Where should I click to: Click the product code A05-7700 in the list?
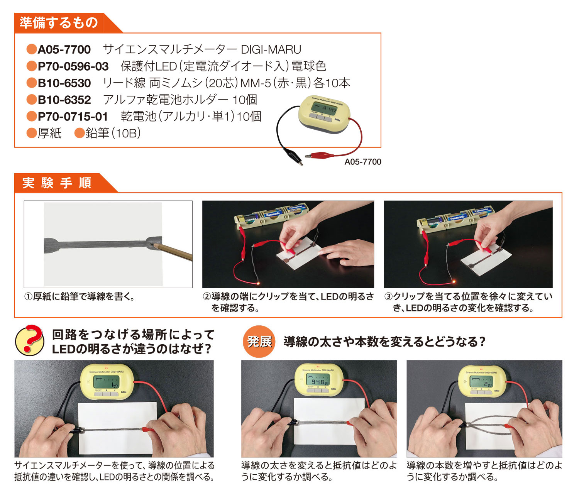pyautogui.click(x=64, y=49)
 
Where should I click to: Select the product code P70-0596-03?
pyautogui.click(x=73, y=66)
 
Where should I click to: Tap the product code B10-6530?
pyautogui.click(x=64, y=83)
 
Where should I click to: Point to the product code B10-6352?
pyautogui.click(x=64, y=100)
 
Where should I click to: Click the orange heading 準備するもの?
pyautogui.click(x=59, y=23)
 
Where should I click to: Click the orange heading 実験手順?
pyautogui.click(x=57, y=183)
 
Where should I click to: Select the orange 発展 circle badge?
pyautogui.click(x=259, y=342)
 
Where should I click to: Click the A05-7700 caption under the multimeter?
pyautogui.click(x=363, y=162)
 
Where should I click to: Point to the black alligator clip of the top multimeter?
pyautogui.click(x=293, y=156)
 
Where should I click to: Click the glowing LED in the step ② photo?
pyautogui.click(x=258, y=283)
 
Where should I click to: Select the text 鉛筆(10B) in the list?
pyautogui.click(x=113, y=133)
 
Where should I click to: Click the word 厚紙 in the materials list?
pyautogui.click(x=49, y=133)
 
